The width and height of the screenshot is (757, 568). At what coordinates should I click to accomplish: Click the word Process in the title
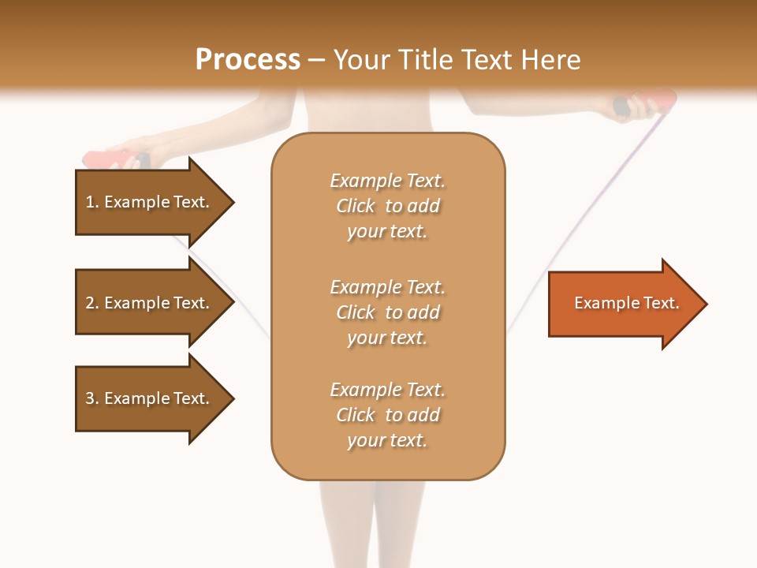[248, 60]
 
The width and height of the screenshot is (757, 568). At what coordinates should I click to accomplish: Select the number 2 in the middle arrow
[90, 303]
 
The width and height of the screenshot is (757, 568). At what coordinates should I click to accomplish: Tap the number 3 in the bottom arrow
[90, 398]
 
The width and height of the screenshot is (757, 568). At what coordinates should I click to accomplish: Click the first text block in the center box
[387, 206]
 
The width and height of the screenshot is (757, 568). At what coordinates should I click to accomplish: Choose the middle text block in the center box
[387, 312]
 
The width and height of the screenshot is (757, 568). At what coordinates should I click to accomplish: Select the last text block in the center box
[387, 415]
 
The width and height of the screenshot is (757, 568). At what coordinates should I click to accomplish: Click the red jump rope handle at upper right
[654, 102]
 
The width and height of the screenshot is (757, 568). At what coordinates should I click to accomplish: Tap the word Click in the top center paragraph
[356, 206]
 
